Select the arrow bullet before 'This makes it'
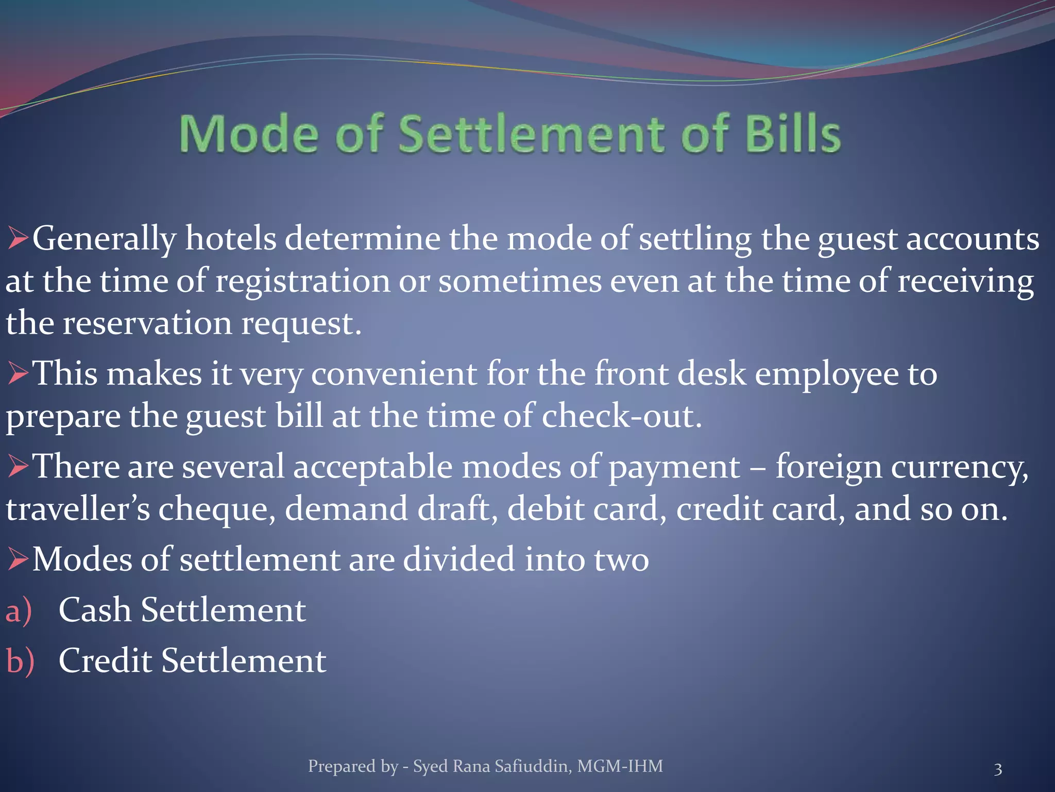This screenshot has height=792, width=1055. pyautogui.click(x=18, y=373)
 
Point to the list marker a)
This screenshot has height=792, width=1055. pyautogui.click(x=19, y=610)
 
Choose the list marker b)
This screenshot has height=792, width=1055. pyautogui.click(x=20, y=661)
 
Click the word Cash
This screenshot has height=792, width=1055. pyautogui.click(x=95, y=610)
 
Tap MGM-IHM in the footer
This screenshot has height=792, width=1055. pyautogui.click(x=620, y=766)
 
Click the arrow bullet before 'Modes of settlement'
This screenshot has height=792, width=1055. pyautogui.click(x=18, y=559)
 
